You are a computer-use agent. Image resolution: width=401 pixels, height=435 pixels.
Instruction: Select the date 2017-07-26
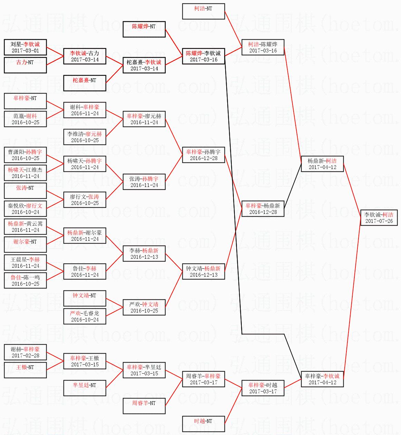point(379,221)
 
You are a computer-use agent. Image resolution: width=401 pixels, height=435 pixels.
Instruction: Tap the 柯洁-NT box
point(203,11)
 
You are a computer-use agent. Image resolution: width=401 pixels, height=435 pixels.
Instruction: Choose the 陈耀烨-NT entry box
point(144,29)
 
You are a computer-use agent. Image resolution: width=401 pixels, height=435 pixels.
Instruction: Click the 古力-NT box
point(25,65)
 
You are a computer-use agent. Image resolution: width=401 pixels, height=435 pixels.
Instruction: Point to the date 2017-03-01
point(25,51)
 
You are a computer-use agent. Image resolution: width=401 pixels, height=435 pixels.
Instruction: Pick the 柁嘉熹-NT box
point(85,83)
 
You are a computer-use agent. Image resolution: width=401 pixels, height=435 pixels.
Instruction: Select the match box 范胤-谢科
point(25,119)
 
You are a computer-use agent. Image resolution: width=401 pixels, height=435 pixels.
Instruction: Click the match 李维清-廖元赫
point(85,137)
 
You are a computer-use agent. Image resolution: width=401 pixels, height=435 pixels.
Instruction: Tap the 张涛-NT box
point(25,191)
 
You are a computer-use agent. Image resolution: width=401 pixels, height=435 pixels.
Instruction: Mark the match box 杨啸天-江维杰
point(25,173)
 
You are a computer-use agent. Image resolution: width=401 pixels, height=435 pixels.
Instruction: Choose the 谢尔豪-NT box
point(25,245)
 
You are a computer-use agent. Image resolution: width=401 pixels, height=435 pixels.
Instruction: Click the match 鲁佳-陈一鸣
point(25,280)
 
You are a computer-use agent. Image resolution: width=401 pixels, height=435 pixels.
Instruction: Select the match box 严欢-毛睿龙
point(85,316)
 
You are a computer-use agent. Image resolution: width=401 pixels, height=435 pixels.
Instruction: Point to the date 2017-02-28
point(25,356)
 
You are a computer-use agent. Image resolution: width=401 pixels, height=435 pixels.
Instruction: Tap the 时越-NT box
point(203,424)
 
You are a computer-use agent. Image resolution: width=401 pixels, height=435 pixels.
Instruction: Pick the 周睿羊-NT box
point(144,406)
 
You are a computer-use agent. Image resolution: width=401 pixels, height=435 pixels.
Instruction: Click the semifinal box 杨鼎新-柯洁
point(322,164)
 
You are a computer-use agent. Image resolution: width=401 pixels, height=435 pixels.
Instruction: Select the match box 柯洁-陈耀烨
point(263,47)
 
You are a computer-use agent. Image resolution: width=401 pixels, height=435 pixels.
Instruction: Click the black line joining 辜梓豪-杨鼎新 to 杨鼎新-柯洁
point(293,186)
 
